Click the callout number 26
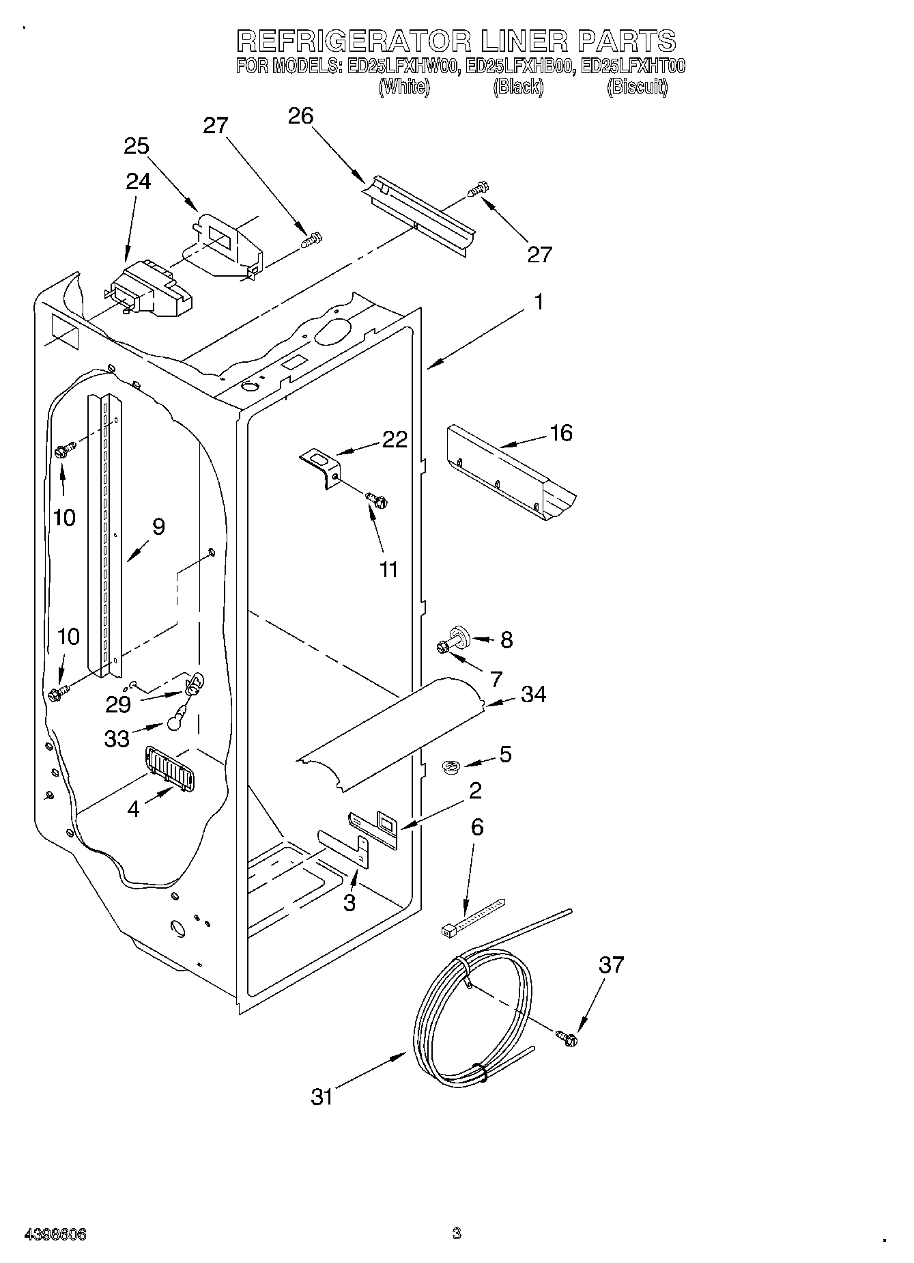[x=300, y=117]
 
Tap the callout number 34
[x=533, y=695]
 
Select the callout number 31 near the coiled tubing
[x=322, y=1097]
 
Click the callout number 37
[x=611, y=965]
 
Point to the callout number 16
[x=561, y=433]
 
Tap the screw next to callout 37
[x=567, y=1038]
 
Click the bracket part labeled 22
[x=321, y=464]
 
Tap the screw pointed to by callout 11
[x=377, y=500]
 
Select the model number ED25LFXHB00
[x=518, y=66]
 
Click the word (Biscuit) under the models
[x=636, y=87]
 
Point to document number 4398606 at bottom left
[x=55, y=1234]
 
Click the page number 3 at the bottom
[x=456, y=1234]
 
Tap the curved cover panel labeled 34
[x=392, y=734]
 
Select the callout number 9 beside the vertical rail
[x=158, y=527]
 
